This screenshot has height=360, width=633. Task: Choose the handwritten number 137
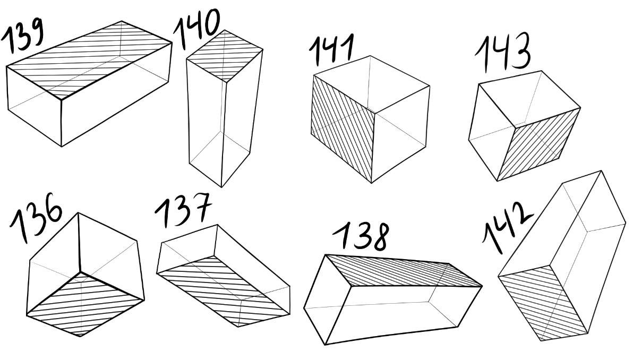click(x=184, y=209)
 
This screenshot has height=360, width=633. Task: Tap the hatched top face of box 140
click(x=225, y=55)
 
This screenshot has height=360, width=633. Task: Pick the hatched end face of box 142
click(x=543, y=302)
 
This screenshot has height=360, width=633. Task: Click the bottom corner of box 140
click(x=221, y=187)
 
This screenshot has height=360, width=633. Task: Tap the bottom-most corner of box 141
click(x=371, y=183)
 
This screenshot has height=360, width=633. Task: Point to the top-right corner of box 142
click(x=602, y=171)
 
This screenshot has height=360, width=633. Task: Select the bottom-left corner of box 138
click(x=326, y=345)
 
